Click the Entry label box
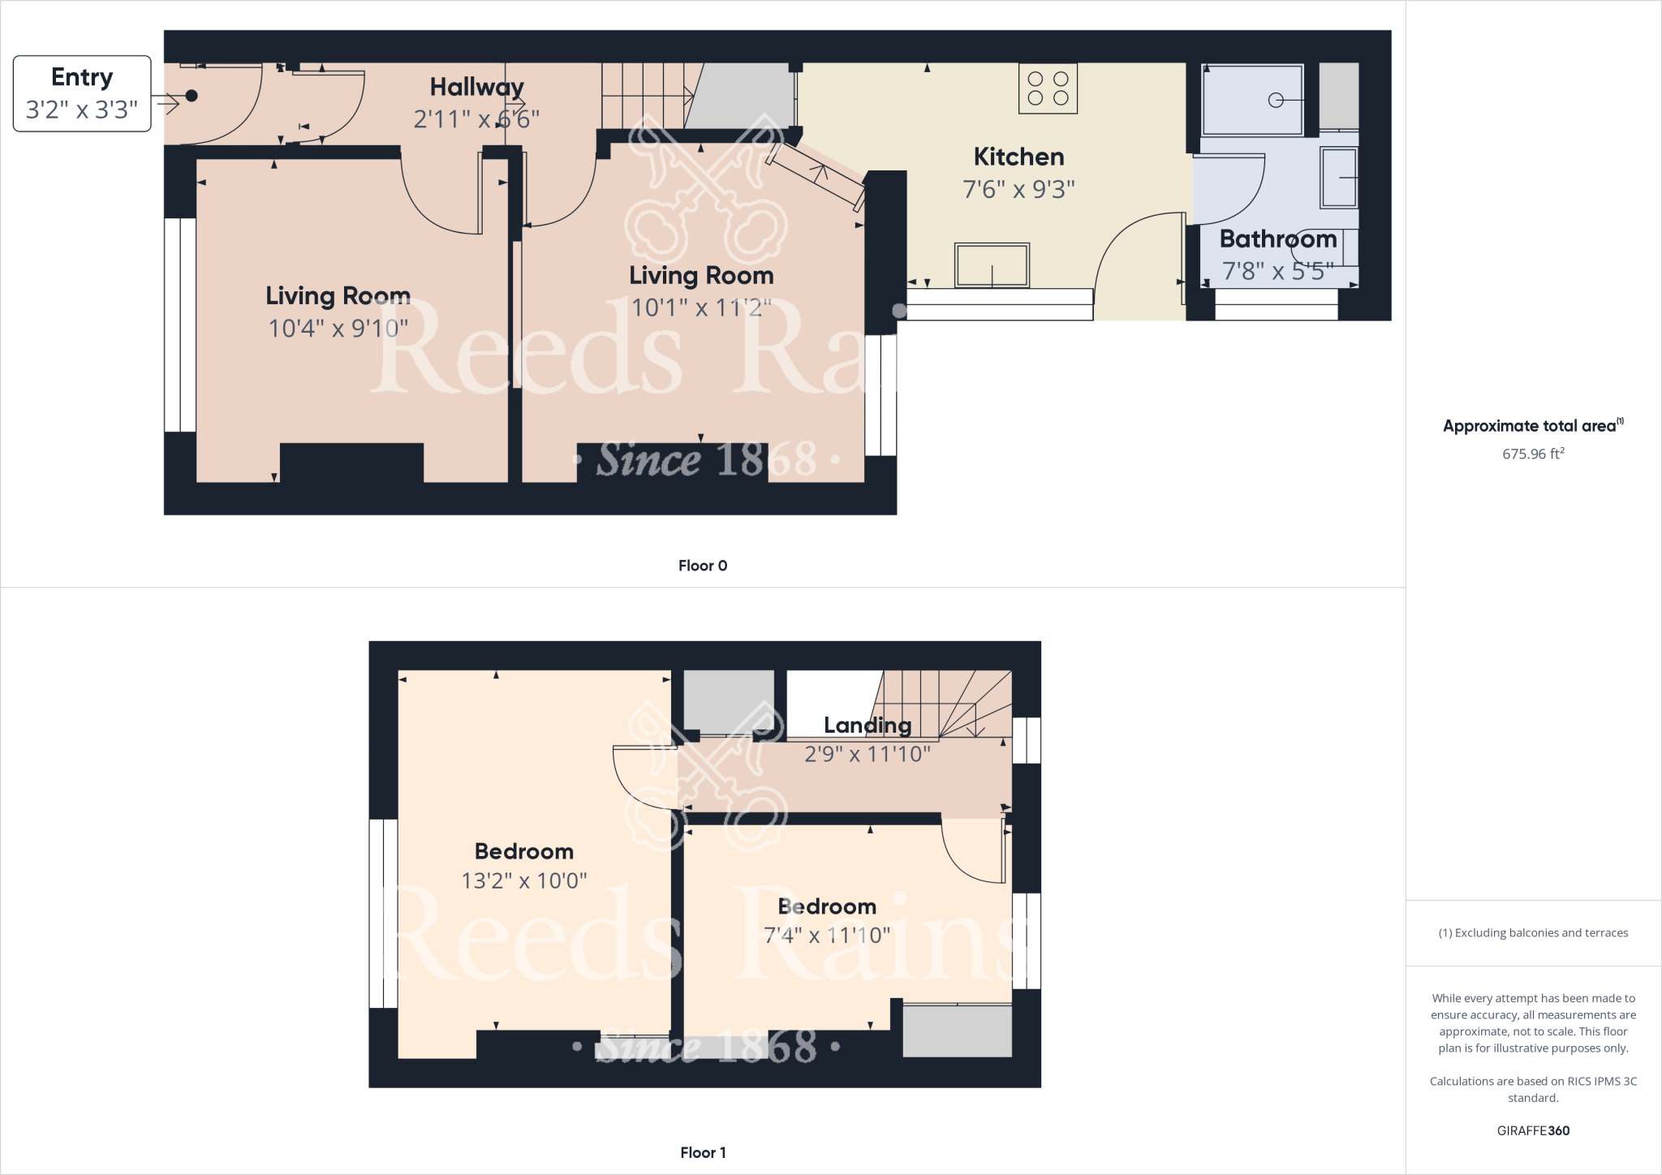coord(82,93)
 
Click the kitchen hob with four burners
coord(1048,88)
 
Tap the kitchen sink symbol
coord(992,265)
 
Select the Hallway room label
coord(476,87)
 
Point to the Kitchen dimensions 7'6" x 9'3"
coord(1018,189)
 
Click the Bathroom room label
coord(1277,239)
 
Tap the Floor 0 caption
coord(703,566)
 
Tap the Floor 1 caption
coord(703,1152)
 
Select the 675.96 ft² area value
coord(1533,454)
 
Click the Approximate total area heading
coord(1531,426)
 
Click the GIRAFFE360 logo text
coord(1533,1130)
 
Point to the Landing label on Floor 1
coord(868,725)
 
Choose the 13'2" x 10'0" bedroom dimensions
coord(524,880)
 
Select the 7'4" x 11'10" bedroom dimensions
coord(827,935)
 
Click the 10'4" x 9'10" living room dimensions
coord(338,328)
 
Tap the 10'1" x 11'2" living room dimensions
coord(701,308)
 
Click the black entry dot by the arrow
coord(192,96)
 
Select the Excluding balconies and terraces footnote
coord(1533,932)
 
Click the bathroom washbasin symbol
coord(1339,177)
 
